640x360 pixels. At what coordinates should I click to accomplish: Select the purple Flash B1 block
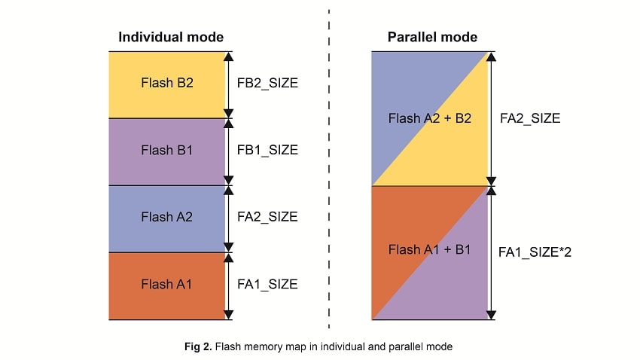tap(167, 151)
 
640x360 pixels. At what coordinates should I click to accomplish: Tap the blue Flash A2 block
tap(167, 218)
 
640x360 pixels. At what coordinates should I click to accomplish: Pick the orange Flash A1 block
tap(167, 285)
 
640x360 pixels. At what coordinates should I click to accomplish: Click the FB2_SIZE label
tap(267, 84)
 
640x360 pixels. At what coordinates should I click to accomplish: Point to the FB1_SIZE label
tap(267, 151)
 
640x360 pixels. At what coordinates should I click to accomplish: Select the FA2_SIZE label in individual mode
tap(267, 217)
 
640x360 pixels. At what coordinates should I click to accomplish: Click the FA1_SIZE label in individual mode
tap(267, 285)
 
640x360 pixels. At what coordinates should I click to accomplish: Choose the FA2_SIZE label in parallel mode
tap(530, 118)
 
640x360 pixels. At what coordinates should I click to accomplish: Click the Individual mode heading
tap(171, 37)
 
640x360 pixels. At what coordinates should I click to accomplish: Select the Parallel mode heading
tap(432, 37)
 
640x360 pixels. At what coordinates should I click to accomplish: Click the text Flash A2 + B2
tap(430, 118)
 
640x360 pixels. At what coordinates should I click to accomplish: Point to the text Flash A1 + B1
tap(429, 250)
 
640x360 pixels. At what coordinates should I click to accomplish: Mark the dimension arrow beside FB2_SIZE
tap(229, 84)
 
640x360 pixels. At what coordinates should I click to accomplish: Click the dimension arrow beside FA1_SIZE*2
tap(491, 252)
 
